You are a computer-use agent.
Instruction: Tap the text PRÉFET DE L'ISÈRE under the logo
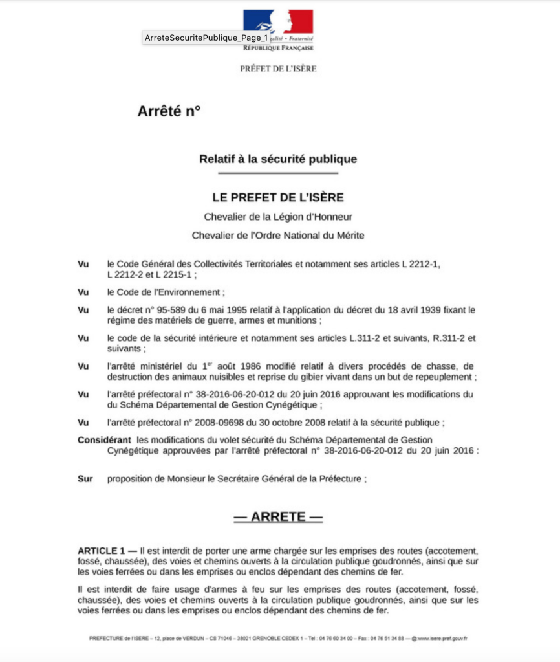(x=278, y=69)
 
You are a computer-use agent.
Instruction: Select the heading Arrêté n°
(x=169, y=111)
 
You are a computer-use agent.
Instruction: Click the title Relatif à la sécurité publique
(x=278, y=159)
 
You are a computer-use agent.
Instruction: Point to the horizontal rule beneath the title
(x=278, y=173)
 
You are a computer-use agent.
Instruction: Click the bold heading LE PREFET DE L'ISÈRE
(x=278, y=197)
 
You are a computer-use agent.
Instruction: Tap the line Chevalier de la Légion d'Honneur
(x=278, y=217)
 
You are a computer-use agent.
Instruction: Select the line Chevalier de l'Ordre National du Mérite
(x=278, y=236)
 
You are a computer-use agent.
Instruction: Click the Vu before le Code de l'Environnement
(x=83, y=292)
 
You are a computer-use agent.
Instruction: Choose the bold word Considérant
(x=104, y=440)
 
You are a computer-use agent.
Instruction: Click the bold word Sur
(x=85, y=479)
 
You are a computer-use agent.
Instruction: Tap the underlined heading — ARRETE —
(x=278, y=517)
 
